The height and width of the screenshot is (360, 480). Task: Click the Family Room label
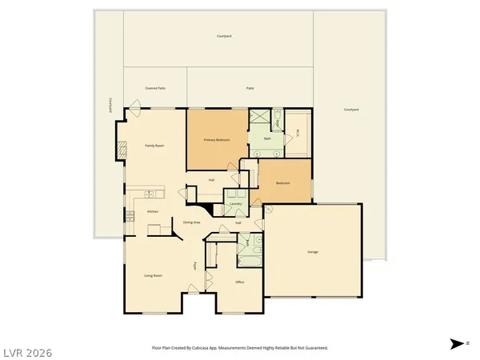[154, 146]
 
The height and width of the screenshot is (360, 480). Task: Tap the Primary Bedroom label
[216, 140]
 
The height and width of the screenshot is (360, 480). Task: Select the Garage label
[313, 252]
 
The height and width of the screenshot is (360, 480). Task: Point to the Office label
[239, 282]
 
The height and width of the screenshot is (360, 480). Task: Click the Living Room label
[153, 275]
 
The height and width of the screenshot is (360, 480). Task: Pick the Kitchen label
[152, 211]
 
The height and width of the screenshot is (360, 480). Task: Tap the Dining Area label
[191, 222]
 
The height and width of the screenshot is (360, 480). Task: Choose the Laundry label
[235, 204]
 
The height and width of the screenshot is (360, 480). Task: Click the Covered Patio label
[155, 88]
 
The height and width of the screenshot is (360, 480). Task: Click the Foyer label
[194, 266]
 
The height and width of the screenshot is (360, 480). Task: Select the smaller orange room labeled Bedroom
[282, 183]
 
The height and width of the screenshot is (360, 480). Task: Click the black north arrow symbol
[455, 344]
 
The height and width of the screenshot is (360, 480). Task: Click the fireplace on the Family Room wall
[122, 148]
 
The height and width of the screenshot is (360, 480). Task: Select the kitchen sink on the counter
[148, 194]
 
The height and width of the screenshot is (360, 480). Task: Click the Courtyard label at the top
[224, 36]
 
